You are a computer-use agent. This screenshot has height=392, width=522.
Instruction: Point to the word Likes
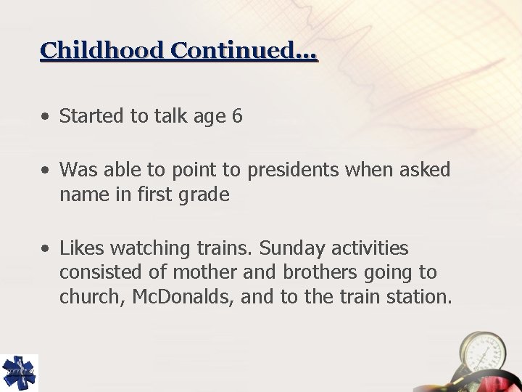[x=81, y=249]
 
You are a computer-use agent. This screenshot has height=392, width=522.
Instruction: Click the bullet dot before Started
[x=46, y=116]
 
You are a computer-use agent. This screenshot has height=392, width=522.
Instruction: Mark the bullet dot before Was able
[x=46, y=171]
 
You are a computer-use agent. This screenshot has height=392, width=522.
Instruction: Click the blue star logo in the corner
[x=19, y=372]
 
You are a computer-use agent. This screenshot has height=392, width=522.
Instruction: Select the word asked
[x=424, y=170]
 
